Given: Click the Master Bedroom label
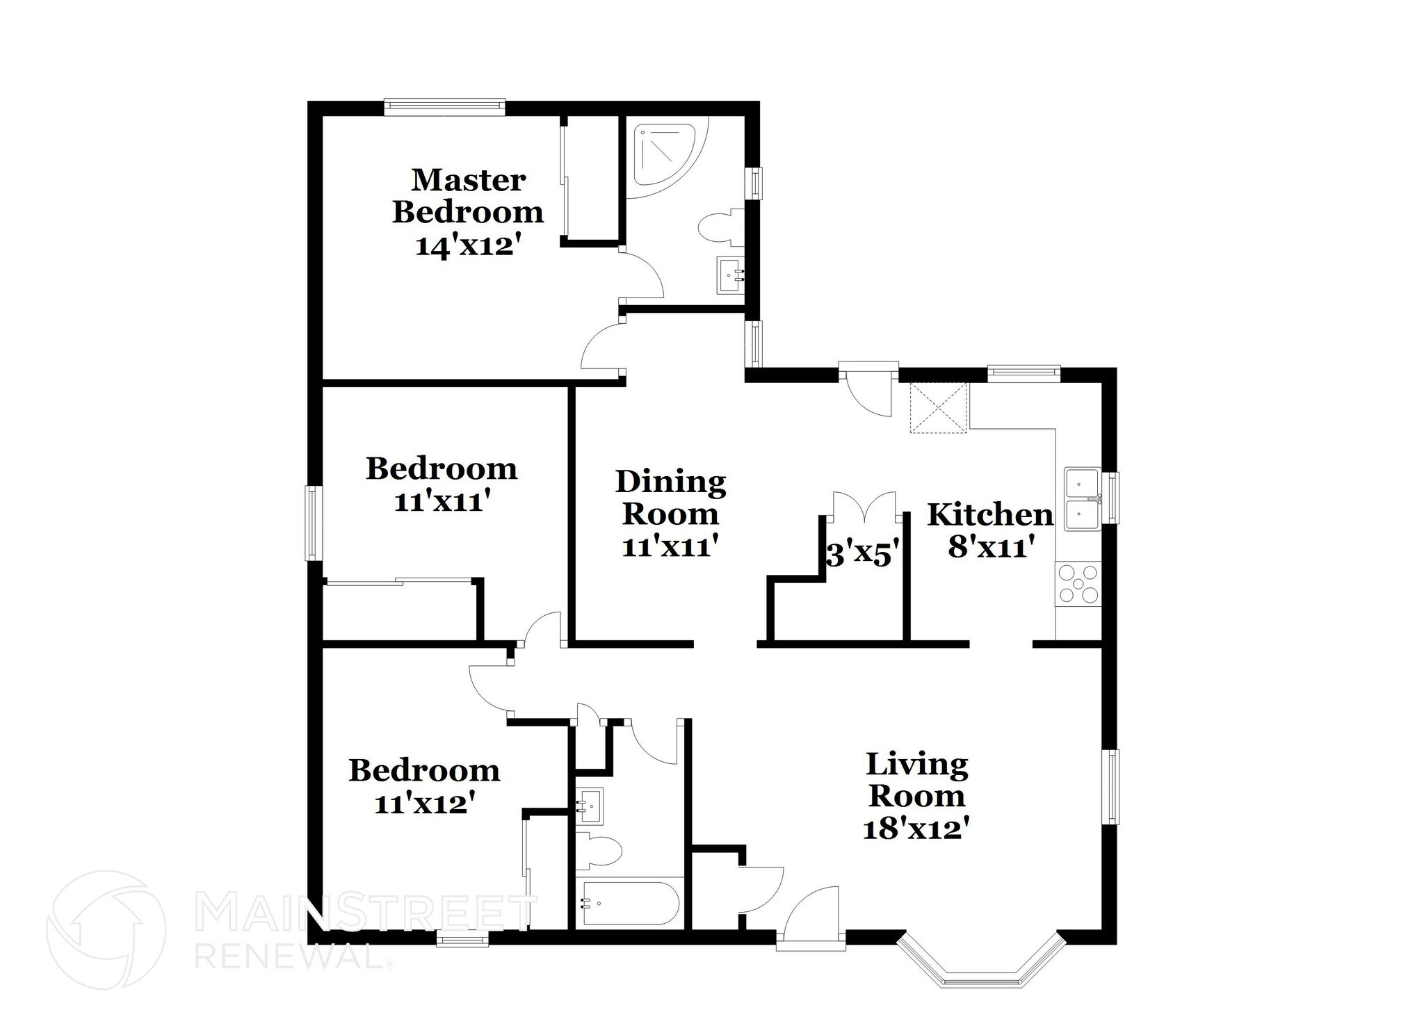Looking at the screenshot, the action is click(x=468, y=196).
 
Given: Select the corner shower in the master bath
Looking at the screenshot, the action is click(x=666, y=159).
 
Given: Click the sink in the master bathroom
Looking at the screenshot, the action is click(x=730, y=276).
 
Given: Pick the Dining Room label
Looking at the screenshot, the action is click(x=671, y=498).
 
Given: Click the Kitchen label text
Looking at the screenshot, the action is click(x=990, y=515).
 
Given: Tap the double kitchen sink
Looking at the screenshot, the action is click(x=1082, y=499).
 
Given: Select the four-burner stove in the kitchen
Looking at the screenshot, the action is click(x=1078, y=584).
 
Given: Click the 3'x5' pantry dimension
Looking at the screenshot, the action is click(x=863, y=555).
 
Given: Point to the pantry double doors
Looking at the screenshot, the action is click(x=864, y=507).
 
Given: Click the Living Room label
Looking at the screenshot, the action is click(x=916, y=780).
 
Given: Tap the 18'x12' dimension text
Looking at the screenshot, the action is click(x=916, y=829).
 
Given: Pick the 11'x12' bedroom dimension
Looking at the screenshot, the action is click(x=425, y=804).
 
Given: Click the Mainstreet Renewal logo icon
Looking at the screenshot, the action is click(x=106, y=929).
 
